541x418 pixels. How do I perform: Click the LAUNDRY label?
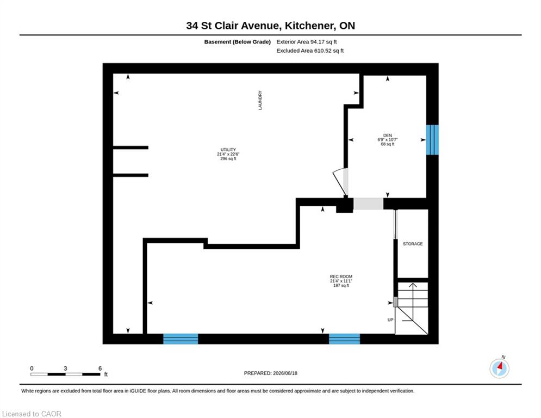coord(260,100)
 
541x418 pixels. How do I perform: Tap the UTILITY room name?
coord(228,150)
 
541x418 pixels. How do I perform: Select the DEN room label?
coord(388,136)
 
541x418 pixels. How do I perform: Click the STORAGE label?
coord(413,244)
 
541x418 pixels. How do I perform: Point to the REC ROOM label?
coord(341,276)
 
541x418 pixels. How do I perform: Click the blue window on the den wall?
coord(432,140)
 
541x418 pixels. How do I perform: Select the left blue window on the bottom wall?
coord(181,339)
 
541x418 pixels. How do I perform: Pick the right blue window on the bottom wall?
coord(344,339)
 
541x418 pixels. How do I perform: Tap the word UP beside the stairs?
coord(390,320)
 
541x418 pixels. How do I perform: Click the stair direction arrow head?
coord(413,285)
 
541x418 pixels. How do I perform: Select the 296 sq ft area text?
coord(228,158)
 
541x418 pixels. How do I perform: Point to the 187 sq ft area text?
coord(341,285)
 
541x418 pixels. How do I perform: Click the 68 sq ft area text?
coord(388,144)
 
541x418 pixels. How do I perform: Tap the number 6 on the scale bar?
coord(100,368)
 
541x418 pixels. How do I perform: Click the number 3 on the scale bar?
coord(65,368)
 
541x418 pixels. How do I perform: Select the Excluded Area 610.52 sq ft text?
coord(310,51)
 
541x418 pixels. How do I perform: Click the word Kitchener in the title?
coord(309,26)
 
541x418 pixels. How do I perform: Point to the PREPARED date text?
coord(271,373)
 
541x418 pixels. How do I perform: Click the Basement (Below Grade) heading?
coord(238,42)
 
